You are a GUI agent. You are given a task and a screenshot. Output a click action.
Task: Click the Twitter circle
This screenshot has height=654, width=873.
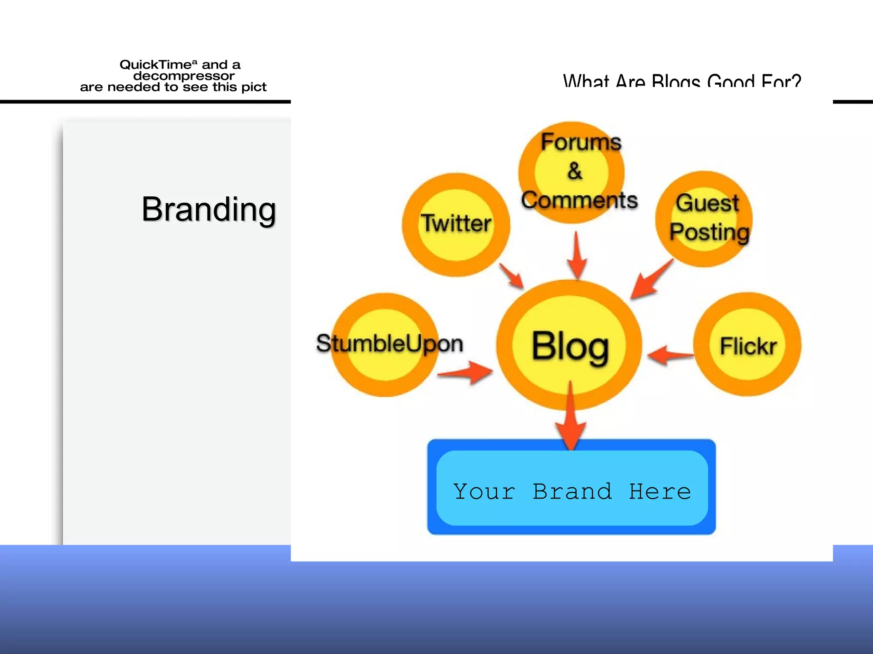coord(456,224)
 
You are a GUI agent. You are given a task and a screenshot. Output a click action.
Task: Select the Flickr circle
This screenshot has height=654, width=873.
coord(748,345)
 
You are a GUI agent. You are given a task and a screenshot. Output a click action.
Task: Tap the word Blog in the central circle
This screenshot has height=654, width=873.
coord(570,347)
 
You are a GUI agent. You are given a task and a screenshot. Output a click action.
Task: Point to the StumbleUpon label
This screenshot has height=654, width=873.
coord(389,344)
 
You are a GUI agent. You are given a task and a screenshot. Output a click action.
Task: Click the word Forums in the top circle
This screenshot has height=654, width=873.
coord(581,142)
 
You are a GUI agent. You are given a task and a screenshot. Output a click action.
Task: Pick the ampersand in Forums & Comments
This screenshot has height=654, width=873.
coord(575,171)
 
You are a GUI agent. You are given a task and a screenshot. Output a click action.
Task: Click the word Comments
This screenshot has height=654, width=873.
coord(579,200)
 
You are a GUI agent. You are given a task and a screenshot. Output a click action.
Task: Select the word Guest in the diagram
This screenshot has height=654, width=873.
coord(707,203)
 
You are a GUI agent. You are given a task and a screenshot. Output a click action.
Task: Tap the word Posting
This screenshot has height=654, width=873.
coord(709,232)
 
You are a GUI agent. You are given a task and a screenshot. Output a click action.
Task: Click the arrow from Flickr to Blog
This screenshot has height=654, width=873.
coord(670,355)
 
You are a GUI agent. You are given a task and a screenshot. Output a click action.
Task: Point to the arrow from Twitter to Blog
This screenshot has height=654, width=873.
coord(512,276)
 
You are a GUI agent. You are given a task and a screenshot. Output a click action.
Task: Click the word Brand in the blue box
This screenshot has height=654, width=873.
coord(572,492)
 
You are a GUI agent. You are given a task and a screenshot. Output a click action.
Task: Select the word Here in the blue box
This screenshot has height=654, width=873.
coord(660,492)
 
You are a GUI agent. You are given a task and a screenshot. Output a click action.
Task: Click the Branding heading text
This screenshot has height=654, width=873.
coord(209,209)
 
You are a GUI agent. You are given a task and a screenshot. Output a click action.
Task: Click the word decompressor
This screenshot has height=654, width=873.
coord(184,76)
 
